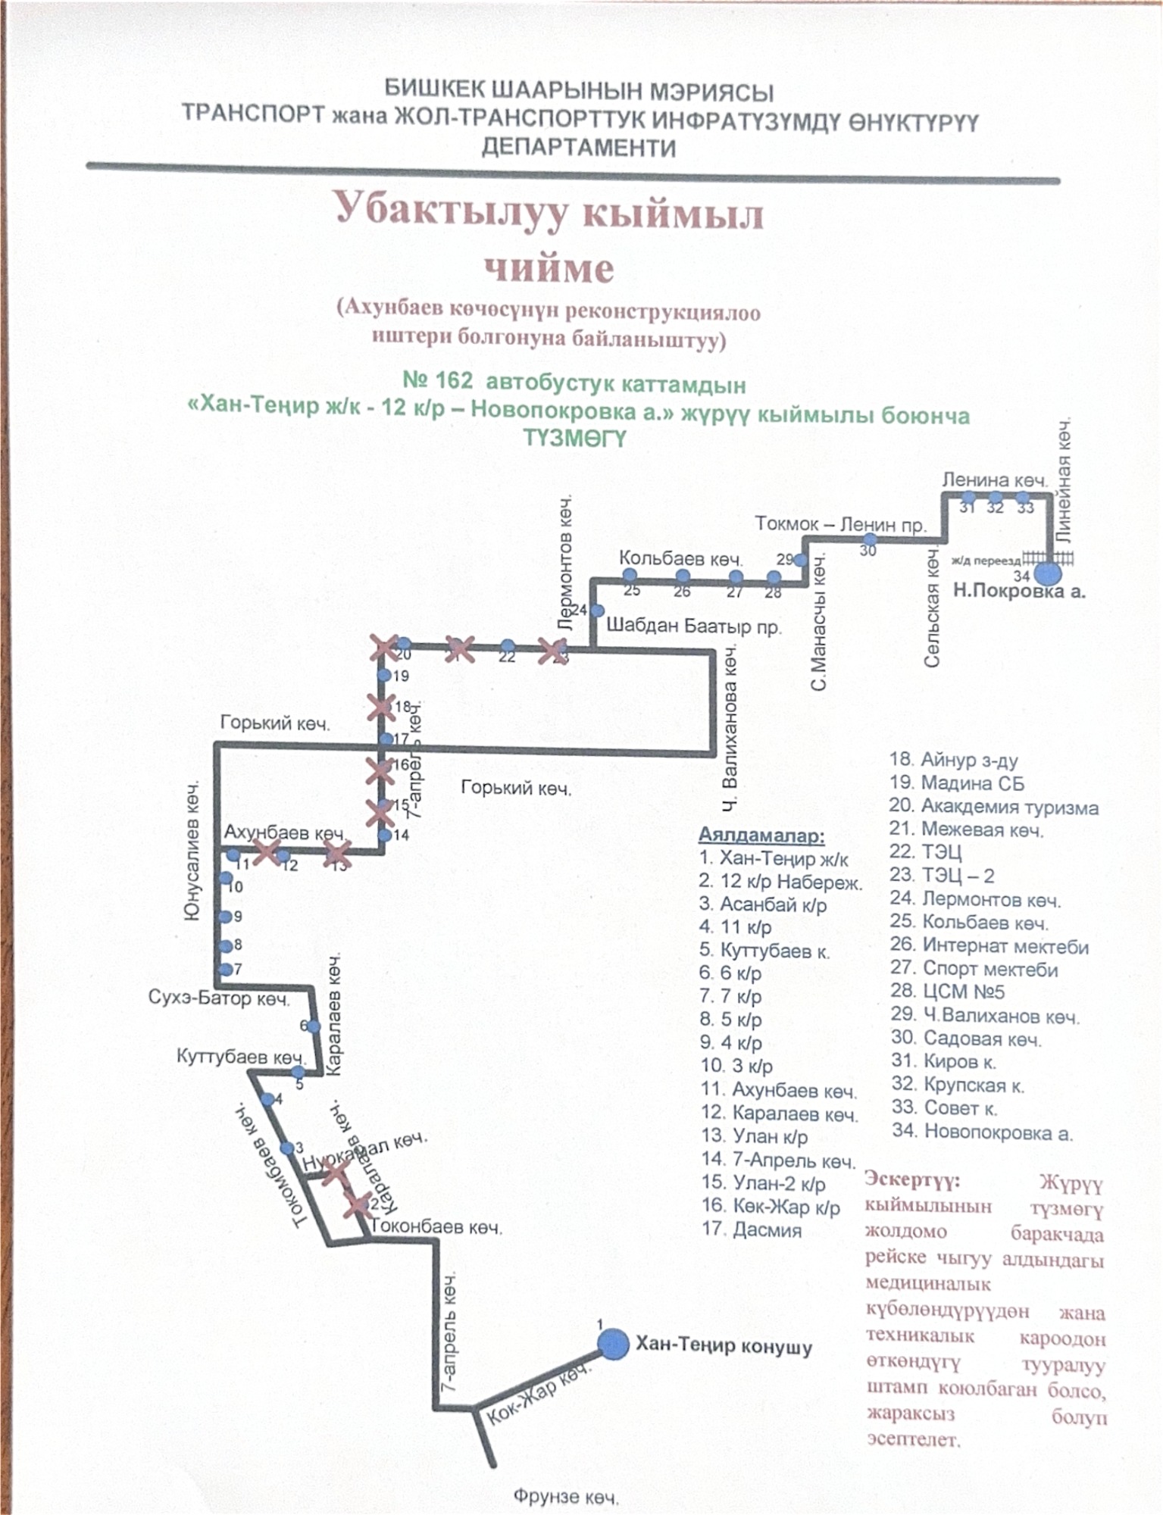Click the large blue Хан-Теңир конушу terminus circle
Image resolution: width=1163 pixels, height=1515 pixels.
coord(612,1345)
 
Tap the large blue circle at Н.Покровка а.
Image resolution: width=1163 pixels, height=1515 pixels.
coord(1048,573)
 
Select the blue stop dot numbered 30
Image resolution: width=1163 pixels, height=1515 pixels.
coord(870,540)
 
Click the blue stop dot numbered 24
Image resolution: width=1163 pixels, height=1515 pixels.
coord(597,611)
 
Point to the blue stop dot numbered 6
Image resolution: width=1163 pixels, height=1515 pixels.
coord(313,1027)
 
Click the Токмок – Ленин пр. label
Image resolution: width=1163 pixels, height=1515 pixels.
coord(840,524)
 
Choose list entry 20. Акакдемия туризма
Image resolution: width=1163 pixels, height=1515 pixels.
coord(993,807)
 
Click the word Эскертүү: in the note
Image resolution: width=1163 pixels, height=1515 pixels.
coord(912,1179)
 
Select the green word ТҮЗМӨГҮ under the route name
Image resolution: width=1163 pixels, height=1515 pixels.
coord(575,439)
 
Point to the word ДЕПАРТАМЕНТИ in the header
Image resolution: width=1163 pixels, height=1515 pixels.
coord(579,147)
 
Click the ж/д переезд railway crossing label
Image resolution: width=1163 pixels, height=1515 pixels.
coord(986,561)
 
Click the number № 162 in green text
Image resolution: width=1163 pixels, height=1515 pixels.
coord(438,381)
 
